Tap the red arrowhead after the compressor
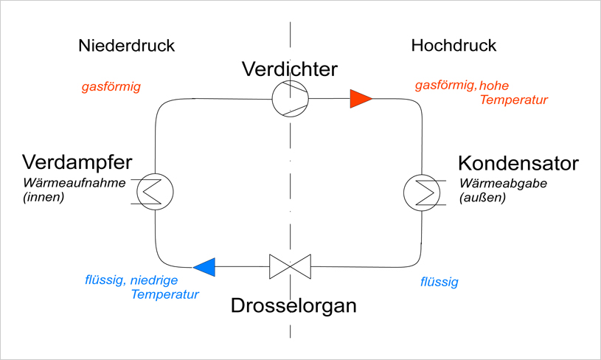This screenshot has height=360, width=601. tap(360, 98)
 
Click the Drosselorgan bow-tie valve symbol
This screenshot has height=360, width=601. tap(289, 266)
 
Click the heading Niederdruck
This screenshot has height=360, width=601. tap(125, 46)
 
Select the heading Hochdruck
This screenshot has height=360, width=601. tap(454, 46)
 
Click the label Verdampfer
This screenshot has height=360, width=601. tap(77, 162)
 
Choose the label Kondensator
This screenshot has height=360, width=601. tap(518, 162)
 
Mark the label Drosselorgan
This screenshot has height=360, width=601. tap(293, 305)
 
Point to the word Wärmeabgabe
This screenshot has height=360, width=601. tap(503, 184)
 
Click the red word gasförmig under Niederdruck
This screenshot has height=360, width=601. tap(111, 87)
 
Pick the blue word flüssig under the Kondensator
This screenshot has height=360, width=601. tap(439, 282)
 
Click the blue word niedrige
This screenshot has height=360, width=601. tap(166, 280)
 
